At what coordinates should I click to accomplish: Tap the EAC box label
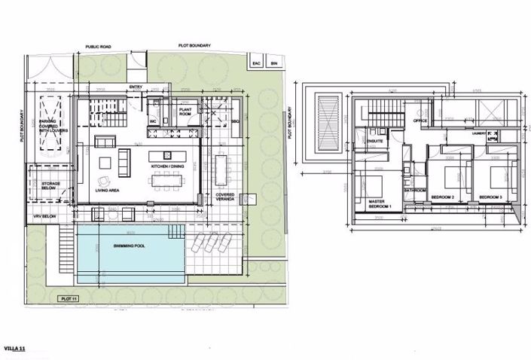point(255,63)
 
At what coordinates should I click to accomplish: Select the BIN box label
point(273,63)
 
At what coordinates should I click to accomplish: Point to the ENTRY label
point(136,87)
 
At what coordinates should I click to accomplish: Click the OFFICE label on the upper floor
point(420,121)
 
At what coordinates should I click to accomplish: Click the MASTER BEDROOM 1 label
point(382,203)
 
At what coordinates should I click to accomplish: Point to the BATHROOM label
point(415,191)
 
